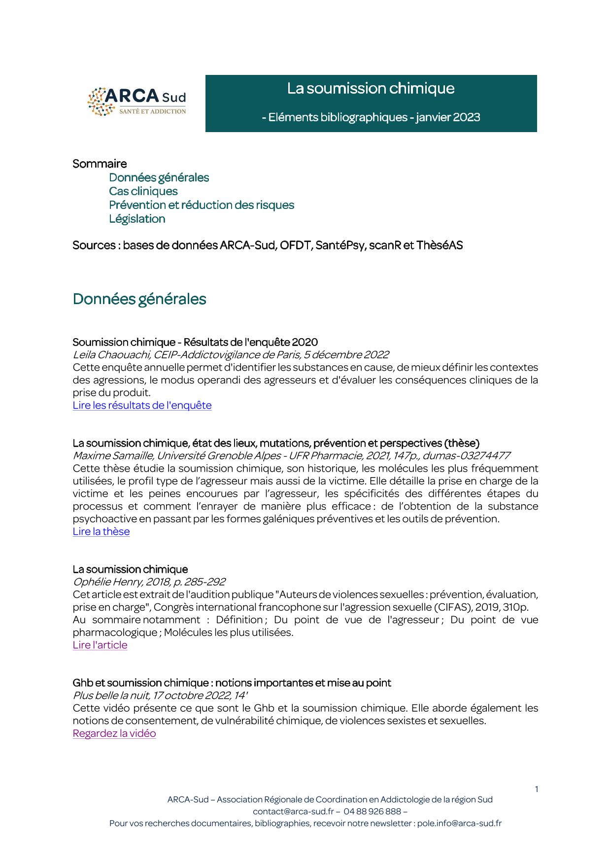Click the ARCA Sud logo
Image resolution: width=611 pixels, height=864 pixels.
coord(137,102)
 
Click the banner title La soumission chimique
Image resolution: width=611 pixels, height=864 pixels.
coord(371,88)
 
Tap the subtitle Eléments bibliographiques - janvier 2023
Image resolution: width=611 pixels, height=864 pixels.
coord(371,117)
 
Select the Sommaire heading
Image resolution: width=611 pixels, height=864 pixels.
coord(100,164)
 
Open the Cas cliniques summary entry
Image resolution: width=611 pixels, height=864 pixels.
coord(143,191)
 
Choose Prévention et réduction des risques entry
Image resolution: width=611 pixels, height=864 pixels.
coord(201,205)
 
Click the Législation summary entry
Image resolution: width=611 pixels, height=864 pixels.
coord(137,219)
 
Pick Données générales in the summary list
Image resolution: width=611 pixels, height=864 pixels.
coord(159,177)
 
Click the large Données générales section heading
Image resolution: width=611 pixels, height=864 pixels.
coord(139,299)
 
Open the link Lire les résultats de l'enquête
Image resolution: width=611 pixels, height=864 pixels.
coord(142,405)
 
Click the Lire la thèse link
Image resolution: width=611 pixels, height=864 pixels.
coord(101,531)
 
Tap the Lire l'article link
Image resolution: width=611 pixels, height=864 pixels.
coord(100,645)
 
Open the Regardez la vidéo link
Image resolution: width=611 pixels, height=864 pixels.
coord(114,733)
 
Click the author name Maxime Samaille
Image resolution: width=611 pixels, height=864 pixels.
coord(113,456)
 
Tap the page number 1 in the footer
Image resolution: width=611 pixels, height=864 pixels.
coord(536,789)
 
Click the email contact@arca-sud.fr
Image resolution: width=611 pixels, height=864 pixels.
coord(293,811)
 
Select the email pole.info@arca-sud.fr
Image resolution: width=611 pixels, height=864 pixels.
coord(459,823)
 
